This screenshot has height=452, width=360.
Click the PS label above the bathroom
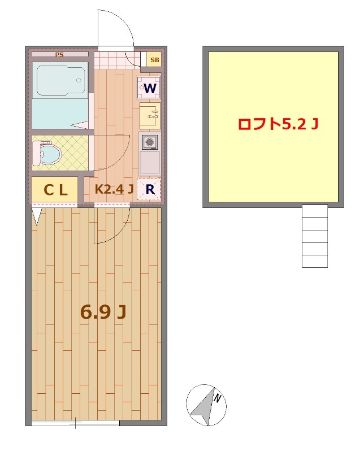(x=59, y=54)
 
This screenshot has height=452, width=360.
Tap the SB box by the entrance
(x=154, y=60)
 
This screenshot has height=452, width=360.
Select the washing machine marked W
(x=149, y=88)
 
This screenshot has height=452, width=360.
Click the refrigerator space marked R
(x=149, y=189)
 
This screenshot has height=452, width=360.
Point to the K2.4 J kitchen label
(x=114, y=189)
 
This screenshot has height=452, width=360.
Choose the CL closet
(x=54, y=189)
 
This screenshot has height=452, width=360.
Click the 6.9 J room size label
(x=103, y=312)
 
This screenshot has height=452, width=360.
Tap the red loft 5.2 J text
(x=278, y=124)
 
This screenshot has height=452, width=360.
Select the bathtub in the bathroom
(x=61, y=80)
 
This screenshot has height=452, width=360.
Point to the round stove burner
(x=149, y=142)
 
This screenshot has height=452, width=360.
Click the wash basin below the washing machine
(x=150, y=116)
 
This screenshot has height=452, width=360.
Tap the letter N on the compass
(x=218, y=398)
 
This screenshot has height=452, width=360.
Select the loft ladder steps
(x=314, y=236)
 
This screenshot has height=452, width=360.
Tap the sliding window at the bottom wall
(x=75, y=423)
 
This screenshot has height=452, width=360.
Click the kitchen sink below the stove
(x=149, y=162)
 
